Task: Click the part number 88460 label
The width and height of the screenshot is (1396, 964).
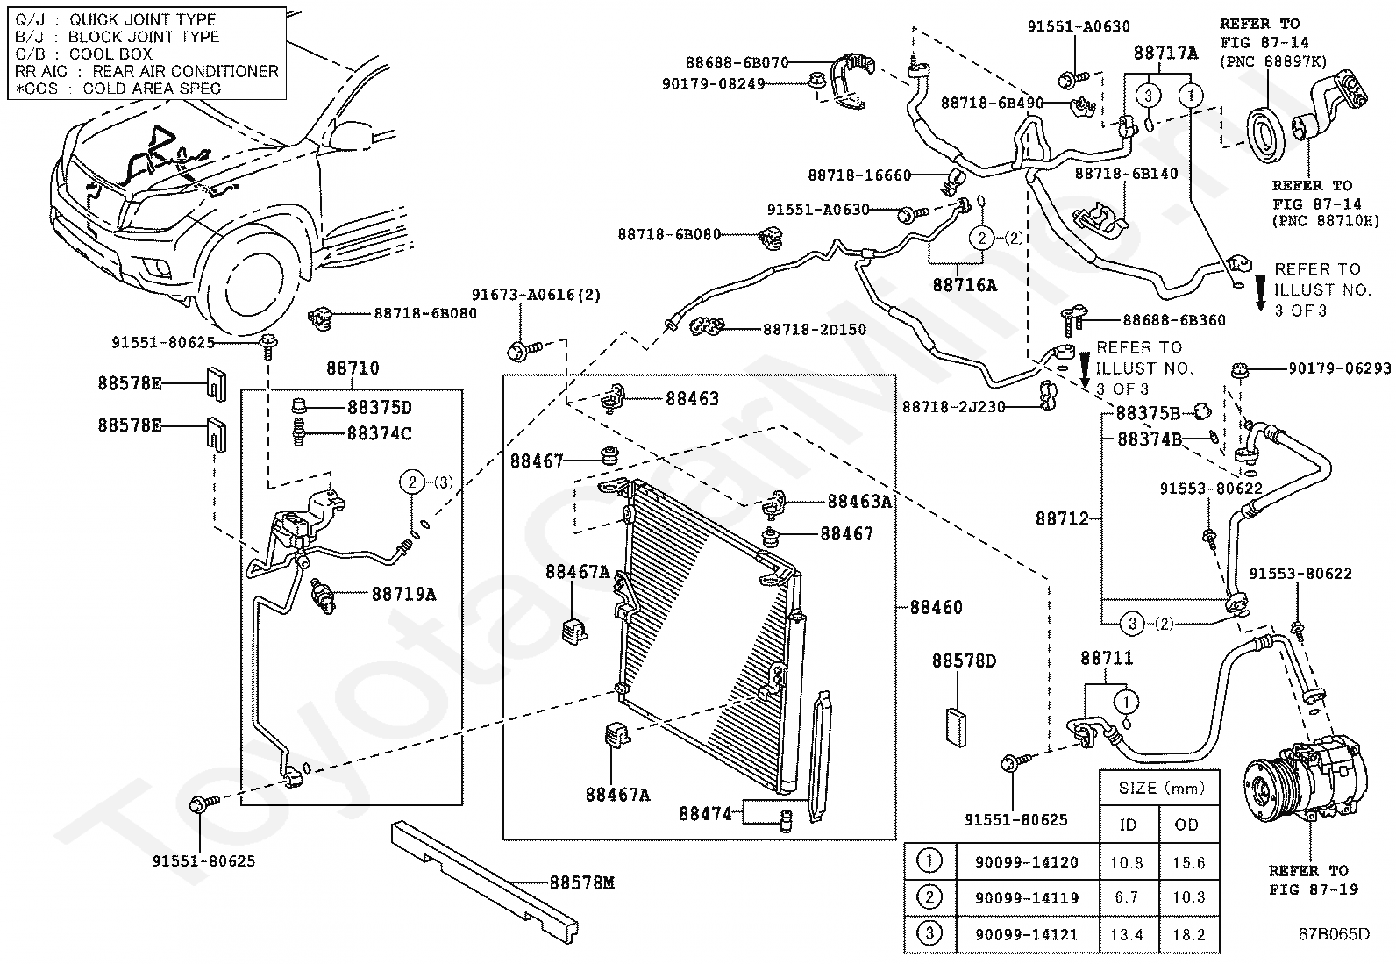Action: click(936, 607)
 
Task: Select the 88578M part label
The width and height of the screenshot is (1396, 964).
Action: click(582, 883)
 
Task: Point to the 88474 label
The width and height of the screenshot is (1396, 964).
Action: click(704, 813)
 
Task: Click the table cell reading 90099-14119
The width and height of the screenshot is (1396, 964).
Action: click(1026, 898)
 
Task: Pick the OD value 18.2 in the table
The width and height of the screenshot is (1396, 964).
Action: click(1188, 934)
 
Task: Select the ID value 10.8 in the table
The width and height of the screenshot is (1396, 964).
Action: click(1128, 863)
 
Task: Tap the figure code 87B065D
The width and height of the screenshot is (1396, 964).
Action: click(1334, 934)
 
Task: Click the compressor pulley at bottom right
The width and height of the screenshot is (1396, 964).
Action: click(1266, 786)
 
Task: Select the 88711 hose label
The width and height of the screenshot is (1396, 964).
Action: click(1107, 657)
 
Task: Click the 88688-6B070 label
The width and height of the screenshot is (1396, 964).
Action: click(737, 63)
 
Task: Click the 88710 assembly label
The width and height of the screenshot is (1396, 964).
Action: click(353, 368)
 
